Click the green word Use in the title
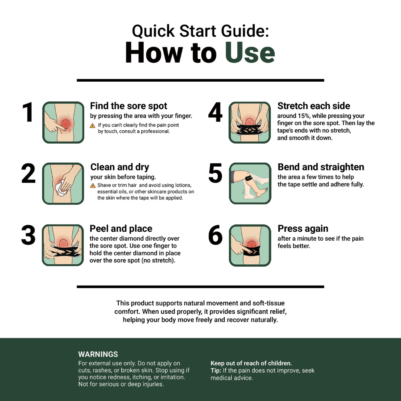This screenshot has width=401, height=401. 250,53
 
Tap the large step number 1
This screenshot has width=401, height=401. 27,112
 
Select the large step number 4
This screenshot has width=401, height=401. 215,112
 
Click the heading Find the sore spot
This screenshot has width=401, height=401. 128,106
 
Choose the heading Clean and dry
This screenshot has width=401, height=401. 120,167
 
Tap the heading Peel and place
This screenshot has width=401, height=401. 121,228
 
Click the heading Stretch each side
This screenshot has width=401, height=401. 313,106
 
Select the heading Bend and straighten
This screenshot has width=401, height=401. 321,167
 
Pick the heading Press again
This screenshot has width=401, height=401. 303,228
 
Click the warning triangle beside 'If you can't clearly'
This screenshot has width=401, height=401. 92,125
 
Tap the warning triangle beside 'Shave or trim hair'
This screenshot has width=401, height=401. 92,186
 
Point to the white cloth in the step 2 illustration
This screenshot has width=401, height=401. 61,188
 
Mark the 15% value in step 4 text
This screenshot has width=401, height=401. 303,116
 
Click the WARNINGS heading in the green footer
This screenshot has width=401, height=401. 98,354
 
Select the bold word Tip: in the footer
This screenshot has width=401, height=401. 216,371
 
